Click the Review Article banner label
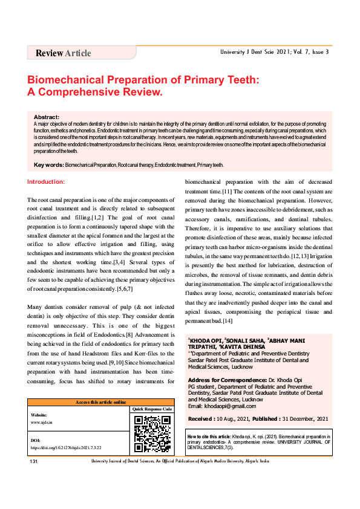[64, 53]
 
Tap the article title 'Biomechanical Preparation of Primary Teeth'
[144, 80]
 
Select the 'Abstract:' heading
[47, 117]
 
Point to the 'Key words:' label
[49, 165]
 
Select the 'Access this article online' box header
[100, 402]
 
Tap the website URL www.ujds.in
[41, 422]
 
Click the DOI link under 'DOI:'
[66, 449]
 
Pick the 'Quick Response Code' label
[152, 409]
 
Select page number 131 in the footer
[34, 461]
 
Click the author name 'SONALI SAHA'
[245, 342]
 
